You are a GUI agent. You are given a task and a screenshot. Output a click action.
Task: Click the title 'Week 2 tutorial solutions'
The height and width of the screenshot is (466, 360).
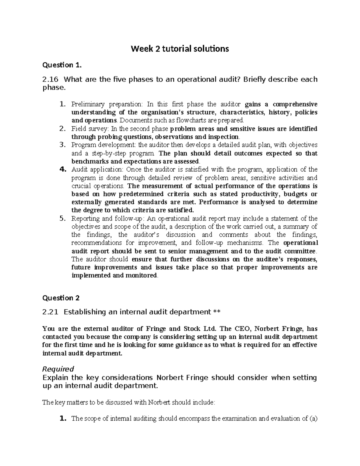[180, 49]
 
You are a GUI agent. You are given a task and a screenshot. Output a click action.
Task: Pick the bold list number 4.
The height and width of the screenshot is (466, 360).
[62, 170]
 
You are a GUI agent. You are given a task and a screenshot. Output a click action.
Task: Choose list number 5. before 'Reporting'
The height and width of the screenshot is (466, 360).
[62, 218]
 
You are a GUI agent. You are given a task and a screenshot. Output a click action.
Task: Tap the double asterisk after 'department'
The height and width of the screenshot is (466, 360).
[217, 312]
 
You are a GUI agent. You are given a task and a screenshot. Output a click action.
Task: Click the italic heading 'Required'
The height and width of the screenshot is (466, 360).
[58, 369]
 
